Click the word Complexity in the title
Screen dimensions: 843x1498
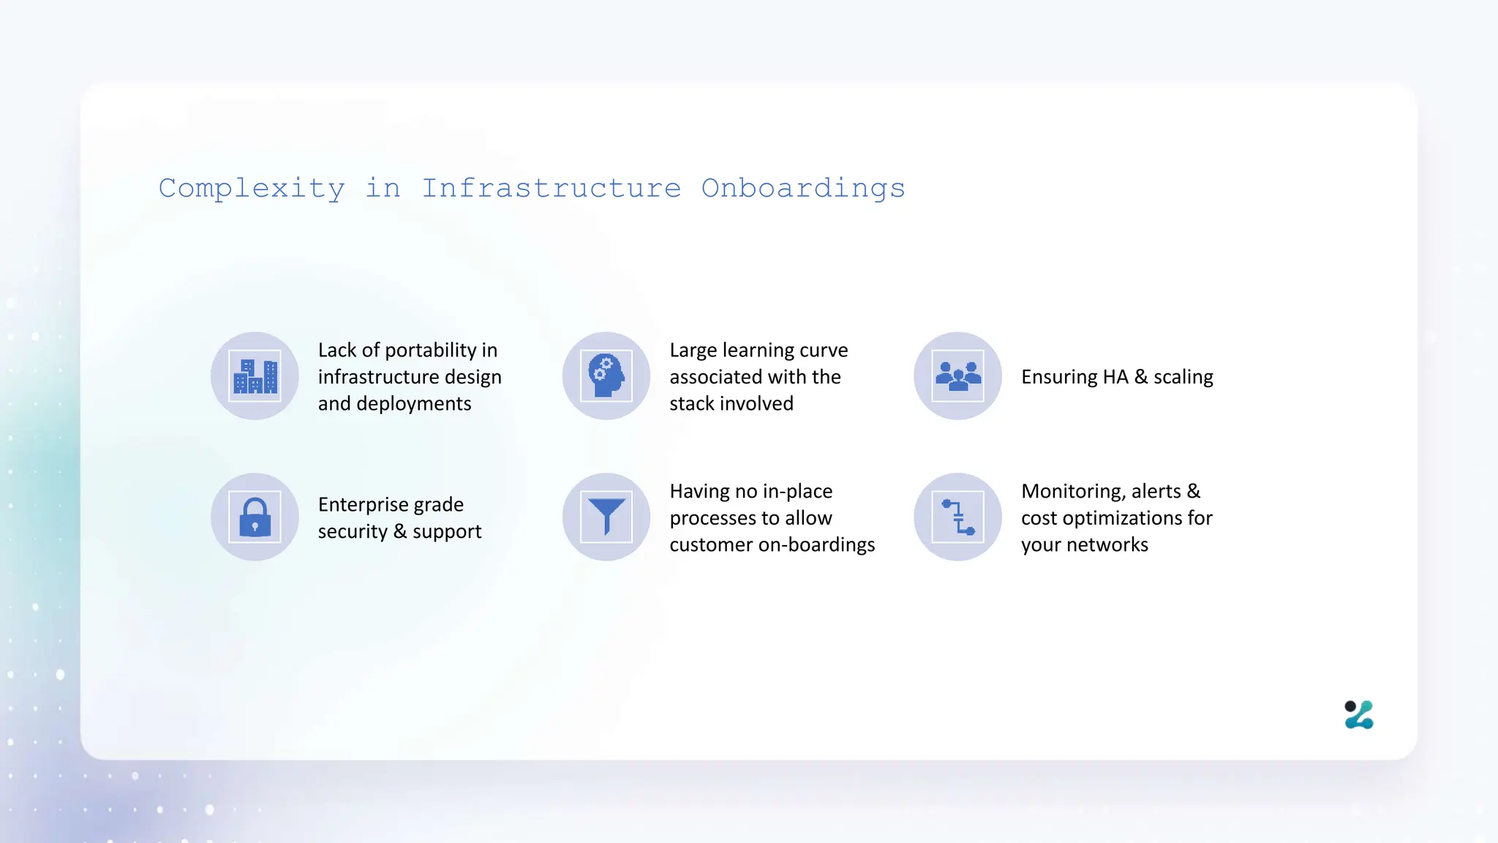(x=252, y=189)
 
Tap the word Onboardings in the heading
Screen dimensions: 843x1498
(x=803, y=189)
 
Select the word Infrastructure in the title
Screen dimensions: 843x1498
(x=552, y=189)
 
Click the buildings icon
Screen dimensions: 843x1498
(x=255, y=376)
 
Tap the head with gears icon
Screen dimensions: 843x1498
(x=606, y=376)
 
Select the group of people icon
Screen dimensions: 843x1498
(x=957, y=376)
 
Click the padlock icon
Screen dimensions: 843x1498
(x=255, y=517)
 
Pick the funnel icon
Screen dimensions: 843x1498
(x=606, y=517)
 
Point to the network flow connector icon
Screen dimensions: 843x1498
(x=957, y=517)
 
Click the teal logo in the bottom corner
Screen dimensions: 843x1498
(x=1359, y=715)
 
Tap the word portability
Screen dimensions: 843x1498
(x=430, y=351)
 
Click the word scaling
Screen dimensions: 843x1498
(x=1183, y=377)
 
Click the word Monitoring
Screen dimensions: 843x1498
(x=1072, y=491)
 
